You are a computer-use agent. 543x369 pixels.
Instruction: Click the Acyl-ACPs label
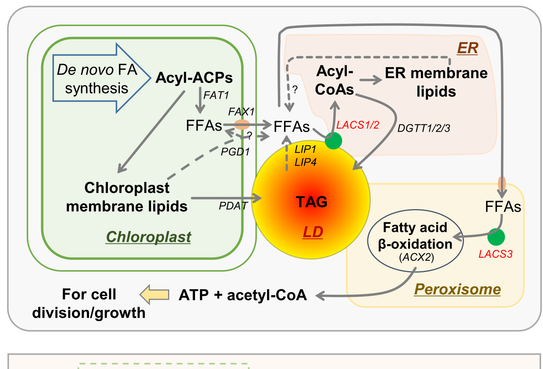click(x=194, y=78)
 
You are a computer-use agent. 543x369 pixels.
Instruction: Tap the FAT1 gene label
click(x=216, y=95)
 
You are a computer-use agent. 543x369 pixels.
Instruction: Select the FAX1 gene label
click(x=241, y=112)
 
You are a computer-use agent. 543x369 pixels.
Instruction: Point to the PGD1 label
click(x=235, y=152)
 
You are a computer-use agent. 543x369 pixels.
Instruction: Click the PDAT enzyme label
click(x=233, y=206)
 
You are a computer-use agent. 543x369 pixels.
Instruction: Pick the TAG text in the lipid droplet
click(x=311, y=202)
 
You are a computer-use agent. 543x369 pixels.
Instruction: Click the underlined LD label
click(x=313, y=232)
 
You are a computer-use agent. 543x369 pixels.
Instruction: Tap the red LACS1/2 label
click(x=358, y=125)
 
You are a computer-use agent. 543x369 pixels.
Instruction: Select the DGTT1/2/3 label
click(x=424, y=128)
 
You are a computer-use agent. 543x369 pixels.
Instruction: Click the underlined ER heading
click(x=467, y=48)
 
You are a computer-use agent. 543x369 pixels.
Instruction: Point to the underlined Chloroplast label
click(x=148, y=237)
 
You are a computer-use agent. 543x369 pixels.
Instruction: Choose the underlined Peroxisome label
click(x=457, y=289)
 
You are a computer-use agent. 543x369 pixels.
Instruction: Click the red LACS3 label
click(x=495, y=254)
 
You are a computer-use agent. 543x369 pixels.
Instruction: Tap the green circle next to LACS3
click(x=496, y=237)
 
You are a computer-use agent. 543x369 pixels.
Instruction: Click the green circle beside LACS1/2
click(x=333, y=141)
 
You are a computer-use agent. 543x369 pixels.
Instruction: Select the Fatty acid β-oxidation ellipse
click(x=415, y=241)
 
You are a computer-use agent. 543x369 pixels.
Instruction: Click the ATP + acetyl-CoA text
click(x=243, y=295)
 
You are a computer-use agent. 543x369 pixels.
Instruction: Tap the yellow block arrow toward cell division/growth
click(x=154, y=295)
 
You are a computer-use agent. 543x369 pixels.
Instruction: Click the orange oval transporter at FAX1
click(x=242, y=124)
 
